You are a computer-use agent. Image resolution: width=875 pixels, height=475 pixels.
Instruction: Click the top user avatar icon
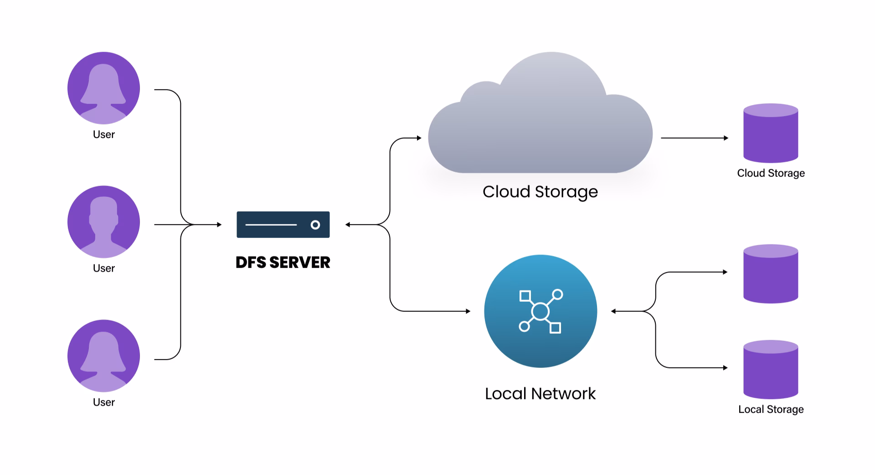[x=103, y=88]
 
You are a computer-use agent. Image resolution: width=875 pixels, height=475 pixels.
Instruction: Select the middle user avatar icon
[x=103, y=222]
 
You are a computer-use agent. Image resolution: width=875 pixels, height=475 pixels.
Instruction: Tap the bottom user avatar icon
[x=103, y=356]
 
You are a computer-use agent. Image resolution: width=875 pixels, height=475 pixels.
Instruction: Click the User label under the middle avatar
[x=103, y=268]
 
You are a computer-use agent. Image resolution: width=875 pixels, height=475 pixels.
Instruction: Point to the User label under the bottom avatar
[x=103, y=402]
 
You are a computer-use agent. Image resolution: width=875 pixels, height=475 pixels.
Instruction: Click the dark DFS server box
[x=283, y=224]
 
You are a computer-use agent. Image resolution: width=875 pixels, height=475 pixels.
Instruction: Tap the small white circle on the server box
[x=315, y=225]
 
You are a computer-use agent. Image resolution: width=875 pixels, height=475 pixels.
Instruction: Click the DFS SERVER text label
[x=283, y=262]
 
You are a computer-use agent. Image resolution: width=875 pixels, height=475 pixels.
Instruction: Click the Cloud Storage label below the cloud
[x=540, y=191]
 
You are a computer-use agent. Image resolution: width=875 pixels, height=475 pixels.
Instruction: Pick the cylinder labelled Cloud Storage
[x=770, y=134]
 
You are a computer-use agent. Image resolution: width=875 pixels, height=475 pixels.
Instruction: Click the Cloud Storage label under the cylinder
[x=771, y=173]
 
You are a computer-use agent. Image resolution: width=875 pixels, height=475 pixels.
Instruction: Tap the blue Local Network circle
[x=540, y=311]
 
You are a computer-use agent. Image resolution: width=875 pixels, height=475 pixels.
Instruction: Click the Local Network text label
[x=540, y=393]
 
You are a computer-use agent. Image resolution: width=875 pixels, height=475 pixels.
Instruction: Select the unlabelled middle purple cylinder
[x=770, y=274]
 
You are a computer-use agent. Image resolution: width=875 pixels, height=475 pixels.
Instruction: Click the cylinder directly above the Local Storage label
[x=770, y=370]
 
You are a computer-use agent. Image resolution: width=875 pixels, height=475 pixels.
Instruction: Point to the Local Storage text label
[x=771, y=409]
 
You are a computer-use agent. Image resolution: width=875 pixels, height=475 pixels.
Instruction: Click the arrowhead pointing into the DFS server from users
[x=219, y=225]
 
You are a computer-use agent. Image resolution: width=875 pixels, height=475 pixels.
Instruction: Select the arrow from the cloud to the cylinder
[x=694, y=138]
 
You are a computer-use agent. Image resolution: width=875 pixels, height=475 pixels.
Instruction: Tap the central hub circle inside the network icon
[x=540, y=312]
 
